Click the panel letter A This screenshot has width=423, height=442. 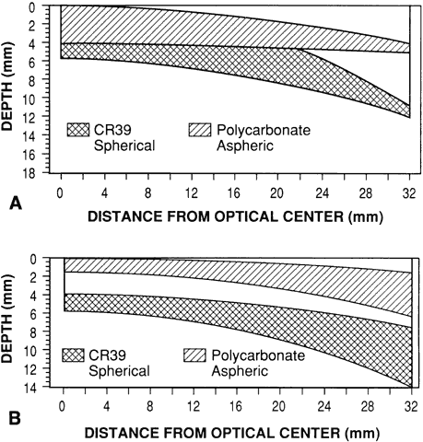[x=16, y=204]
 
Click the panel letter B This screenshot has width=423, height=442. [x=15, y=419]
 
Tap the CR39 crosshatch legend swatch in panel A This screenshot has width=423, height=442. [x=78, y=130]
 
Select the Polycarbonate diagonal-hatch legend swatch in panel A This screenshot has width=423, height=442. [x=200, y=130]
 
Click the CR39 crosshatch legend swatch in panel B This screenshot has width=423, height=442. [x=73, y=355]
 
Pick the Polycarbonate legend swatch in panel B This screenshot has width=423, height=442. [x=195, y=355]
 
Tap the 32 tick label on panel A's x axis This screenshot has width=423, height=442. [x=409, y=193]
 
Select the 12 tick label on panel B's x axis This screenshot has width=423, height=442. [x=194, y=407]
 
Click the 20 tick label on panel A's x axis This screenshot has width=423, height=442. [x=276, y=193]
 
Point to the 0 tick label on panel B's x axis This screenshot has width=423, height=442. [x=63, y=407]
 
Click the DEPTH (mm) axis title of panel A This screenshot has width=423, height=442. [x=7, y=87]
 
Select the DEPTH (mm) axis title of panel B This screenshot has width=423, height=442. [x=7, y=319]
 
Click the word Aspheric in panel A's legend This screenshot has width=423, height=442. [x=245, y=145]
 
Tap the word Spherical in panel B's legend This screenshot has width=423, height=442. [x=119, y=371]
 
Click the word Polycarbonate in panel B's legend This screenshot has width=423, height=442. [x=258, y=355]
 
